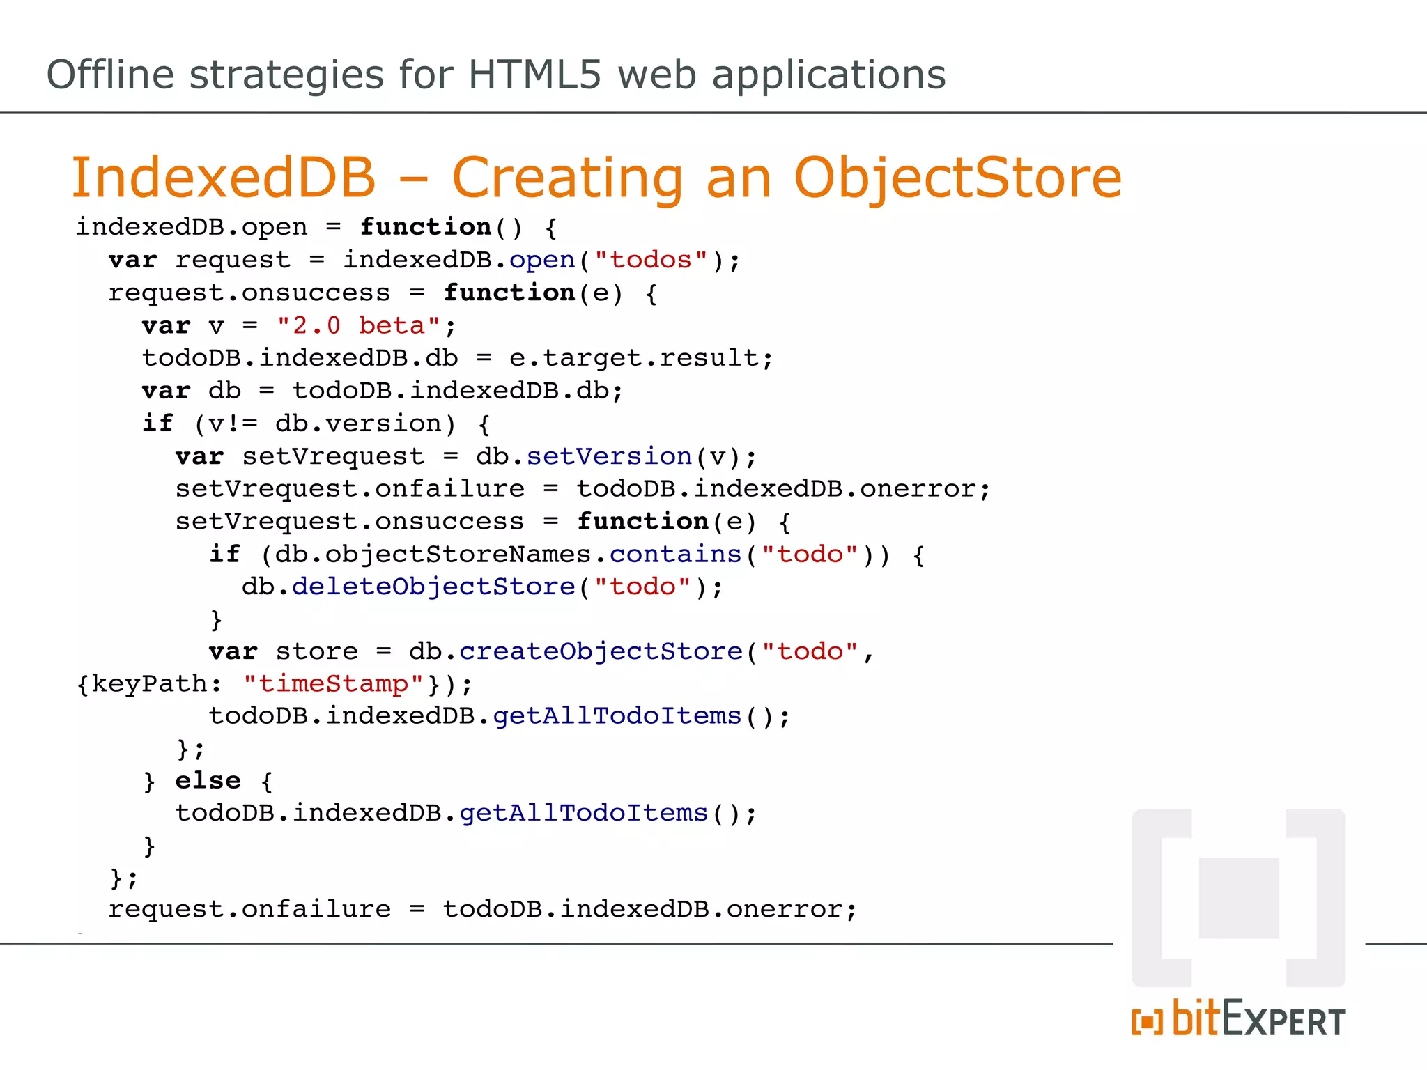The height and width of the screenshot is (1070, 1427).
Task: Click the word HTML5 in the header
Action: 534,75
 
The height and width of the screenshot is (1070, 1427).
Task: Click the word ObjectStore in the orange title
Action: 957,178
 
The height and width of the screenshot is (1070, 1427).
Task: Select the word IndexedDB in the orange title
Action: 224,178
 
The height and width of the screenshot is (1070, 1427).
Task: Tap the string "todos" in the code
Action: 651,260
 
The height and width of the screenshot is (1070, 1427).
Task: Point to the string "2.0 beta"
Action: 359,325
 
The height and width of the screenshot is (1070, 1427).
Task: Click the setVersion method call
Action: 609,456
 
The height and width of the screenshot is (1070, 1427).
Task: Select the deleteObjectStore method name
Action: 433,587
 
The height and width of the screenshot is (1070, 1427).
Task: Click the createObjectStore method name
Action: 601,651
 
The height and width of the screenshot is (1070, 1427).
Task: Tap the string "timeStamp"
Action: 333,684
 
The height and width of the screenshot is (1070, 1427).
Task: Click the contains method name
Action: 675,555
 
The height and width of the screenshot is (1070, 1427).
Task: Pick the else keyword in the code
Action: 208,780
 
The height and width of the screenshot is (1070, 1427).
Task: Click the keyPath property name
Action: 149,684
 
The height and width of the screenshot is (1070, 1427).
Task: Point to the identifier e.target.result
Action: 633,358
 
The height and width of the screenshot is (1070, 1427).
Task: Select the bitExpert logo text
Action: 1239,1020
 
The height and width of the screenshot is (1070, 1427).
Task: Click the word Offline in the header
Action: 110,75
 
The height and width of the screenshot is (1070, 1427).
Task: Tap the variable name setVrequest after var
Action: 333,456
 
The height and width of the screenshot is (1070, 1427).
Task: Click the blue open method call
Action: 542,260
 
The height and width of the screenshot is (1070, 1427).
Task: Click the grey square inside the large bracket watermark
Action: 1239,898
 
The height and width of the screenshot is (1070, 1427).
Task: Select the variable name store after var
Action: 316,651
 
